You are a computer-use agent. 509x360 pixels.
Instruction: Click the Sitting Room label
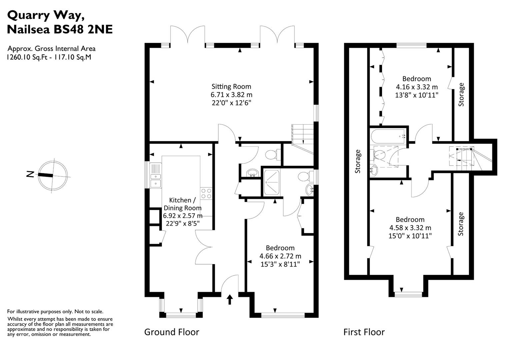coord(231,87)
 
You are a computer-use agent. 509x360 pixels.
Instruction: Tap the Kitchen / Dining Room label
coord(182,204)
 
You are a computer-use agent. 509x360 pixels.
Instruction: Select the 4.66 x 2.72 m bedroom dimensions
coord(280,256)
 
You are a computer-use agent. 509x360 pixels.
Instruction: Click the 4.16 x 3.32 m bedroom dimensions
coord(417,87)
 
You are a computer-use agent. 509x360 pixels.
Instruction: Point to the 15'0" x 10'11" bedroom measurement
coord(410,236)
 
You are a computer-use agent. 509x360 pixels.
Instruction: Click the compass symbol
coord(53,175)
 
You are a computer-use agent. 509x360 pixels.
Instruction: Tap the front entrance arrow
coord(230,299)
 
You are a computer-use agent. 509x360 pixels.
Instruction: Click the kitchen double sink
coord(155,176)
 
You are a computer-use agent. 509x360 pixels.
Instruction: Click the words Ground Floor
coord(172,332)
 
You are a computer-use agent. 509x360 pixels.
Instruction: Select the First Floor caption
coord(364,332)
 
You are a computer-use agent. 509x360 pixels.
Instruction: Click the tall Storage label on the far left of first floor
coord(358,161)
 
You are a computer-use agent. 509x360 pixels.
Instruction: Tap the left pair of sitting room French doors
coord(187,35)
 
